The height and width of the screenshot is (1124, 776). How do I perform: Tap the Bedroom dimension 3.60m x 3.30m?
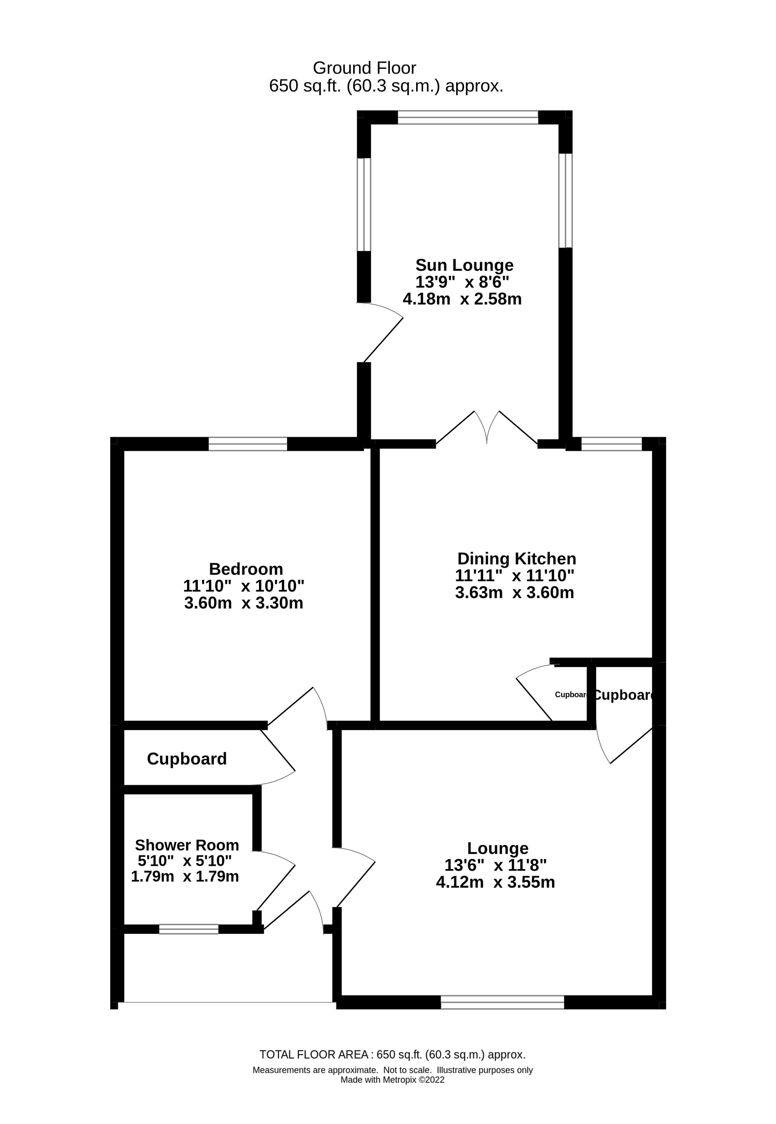(244, 603)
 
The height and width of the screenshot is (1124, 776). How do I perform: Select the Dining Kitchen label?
(516, 558)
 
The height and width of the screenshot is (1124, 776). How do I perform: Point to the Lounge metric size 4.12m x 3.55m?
(495, 882)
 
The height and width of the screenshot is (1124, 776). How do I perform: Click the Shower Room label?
(187, 845)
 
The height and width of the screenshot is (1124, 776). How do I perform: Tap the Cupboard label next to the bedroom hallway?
(187, 759)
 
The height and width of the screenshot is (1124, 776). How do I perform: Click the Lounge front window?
(502, 1002)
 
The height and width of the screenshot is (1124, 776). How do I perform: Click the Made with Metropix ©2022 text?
(392, 1080)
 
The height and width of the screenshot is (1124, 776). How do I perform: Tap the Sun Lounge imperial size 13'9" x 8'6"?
(462, 282)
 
